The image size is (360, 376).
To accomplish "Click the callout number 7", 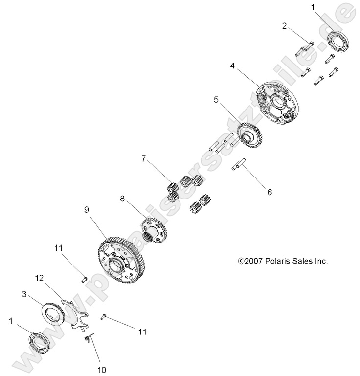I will pos(144,159).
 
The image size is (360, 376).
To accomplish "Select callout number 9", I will pos(86,209).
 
